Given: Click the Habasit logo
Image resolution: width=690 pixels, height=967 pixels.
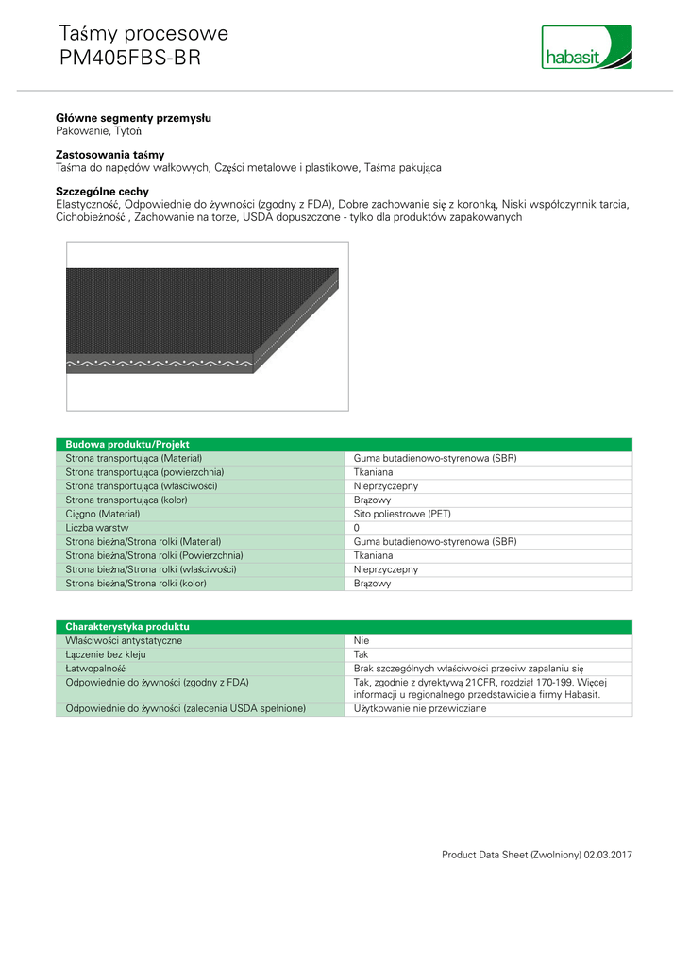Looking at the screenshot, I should click(x=586, y=47).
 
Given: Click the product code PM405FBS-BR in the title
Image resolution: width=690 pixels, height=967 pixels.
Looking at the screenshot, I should click(x=129, y=58).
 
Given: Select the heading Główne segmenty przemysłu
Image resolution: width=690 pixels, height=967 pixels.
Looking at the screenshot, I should click(x=133, y=118).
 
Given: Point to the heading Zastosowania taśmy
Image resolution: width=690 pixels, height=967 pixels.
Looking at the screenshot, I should click(x=109, y=153).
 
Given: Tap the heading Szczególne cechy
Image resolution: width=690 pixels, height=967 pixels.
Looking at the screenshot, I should click(x=102, y=191).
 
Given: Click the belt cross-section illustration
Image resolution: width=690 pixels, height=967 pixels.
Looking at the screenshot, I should click(x=207, y=326).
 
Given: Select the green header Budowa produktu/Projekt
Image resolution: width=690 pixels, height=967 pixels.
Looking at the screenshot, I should click(x=127, y=444).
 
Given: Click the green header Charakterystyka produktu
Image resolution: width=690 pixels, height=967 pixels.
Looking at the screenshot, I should click(x=126, y=626).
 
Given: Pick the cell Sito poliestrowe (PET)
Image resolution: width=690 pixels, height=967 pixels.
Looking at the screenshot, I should click(x=402, y=514).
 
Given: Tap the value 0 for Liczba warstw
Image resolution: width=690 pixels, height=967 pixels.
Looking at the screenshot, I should click(x=357, y=528).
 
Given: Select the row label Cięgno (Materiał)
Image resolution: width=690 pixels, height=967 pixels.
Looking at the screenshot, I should click(x=102, y=514).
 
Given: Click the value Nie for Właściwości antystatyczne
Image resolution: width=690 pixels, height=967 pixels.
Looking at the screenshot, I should click(x=362, y=640).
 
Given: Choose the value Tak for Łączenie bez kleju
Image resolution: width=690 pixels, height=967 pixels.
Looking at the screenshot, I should click(x=362, y=653).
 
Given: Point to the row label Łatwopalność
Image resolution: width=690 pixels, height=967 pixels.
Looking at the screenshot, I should click(x=94, y=668).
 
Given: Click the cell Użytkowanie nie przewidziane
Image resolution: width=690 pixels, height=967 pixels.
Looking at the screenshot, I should click(x=420, y=708).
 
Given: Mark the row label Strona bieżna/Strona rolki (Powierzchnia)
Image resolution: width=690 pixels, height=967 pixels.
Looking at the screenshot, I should click(x=154, y=555).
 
